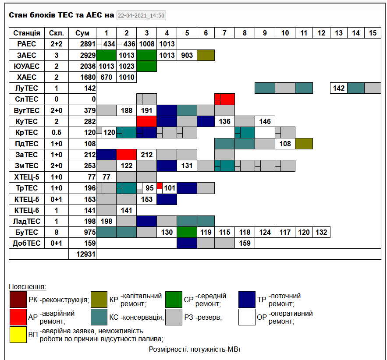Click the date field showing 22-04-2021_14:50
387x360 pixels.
[x=141, y=16]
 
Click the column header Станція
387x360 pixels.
[x=27, y=33]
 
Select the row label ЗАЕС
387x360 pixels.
[x=27, y=55]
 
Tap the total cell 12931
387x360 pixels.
[x=82, y=254]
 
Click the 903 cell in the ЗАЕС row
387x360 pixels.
[x=187, y=55]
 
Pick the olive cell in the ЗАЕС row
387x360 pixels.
[x=206, y=55]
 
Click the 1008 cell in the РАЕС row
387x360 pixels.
[x=147, y=44]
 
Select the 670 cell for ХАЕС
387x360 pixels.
[x=106, y=78]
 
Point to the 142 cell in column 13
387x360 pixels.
[x=339, y=88]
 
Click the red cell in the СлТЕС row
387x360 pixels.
[x=225, y=99]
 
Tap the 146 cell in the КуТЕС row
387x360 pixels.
[x=265, y=121]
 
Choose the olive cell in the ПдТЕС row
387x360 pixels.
[x=304, y=144]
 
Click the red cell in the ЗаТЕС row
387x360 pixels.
[x=127, y=155]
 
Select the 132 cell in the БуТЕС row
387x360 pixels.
[x=321, y=232]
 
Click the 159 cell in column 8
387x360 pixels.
[x=245, y=243]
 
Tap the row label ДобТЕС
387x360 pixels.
[x=27, y=243]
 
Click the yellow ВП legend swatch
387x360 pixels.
[x=18, y=335]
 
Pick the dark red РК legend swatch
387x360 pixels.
[x=18, y=300]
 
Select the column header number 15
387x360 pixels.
[x=373, y=33]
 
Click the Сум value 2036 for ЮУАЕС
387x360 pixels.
[x=82, y=66]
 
